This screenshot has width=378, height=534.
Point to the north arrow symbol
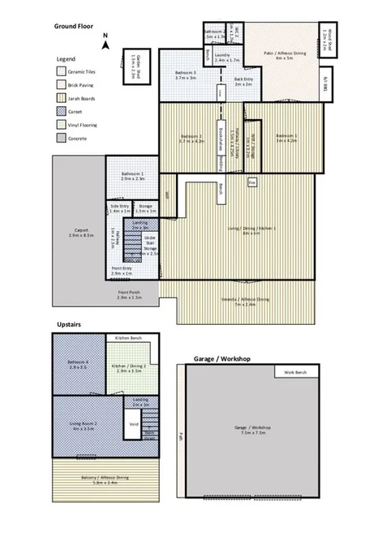106,34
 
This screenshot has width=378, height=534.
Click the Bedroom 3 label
187,75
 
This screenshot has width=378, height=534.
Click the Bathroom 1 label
132,175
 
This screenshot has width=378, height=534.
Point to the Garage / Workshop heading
221,357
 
